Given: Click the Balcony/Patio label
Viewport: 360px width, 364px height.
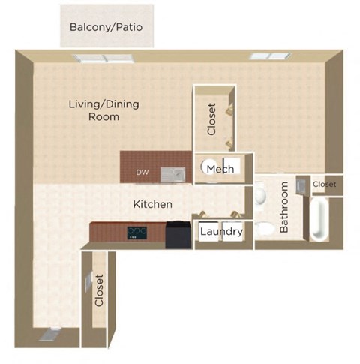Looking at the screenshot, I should [106, 27].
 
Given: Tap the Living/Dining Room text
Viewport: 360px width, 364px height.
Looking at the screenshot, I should [103, 110].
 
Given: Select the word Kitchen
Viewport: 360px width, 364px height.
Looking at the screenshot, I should [153, 204].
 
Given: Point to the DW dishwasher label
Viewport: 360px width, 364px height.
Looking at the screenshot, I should [142, 173].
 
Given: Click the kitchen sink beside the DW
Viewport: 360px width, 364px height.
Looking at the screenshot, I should [173, 174].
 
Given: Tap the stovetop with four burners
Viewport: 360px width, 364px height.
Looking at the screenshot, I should [136, 233].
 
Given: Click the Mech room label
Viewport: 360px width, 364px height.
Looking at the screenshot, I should [220, 168].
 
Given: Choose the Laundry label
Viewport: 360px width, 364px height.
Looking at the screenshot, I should [220, 232].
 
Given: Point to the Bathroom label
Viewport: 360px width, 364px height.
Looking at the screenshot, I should [284, 208].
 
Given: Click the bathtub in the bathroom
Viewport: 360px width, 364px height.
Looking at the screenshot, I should [320, 218].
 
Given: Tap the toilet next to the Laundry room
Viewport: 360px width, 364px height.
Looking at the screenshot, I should [263, 230].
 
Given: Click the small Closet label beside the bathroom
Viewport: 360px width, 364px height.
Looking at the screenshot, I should [324, 184].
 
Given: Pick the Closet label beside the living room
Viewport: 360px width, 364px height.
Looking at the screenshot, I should [211, 119].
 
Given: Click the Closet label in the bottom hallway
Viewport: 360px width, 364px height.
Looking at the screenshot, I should [98, 290].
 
